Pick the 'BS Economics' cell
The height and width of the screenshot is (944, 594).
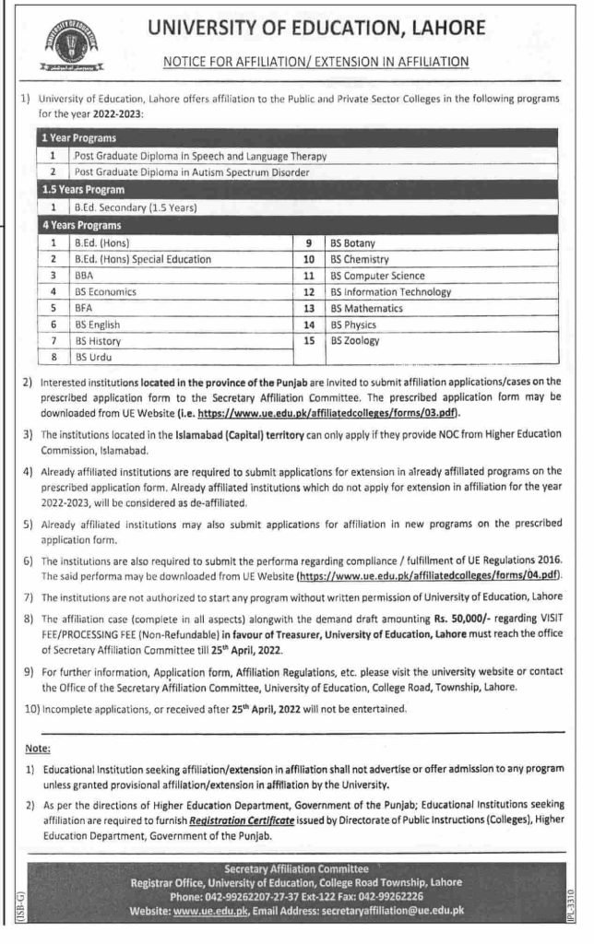106,291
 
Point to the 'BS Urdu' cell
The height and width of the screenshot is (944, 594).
93,357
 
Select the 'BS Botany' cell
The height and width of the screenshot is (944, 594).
356,242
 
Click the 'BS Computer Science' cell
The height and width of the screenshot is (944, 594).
378,275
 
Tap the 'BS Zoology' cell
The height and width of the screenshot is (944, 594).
355,340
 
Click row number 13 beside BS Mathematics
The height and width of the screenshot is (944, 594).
309,308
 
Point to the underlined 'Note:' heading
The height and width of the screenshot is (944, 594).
39,748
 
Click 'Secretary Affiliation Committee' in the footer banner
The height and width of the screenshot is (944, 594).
296,868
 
